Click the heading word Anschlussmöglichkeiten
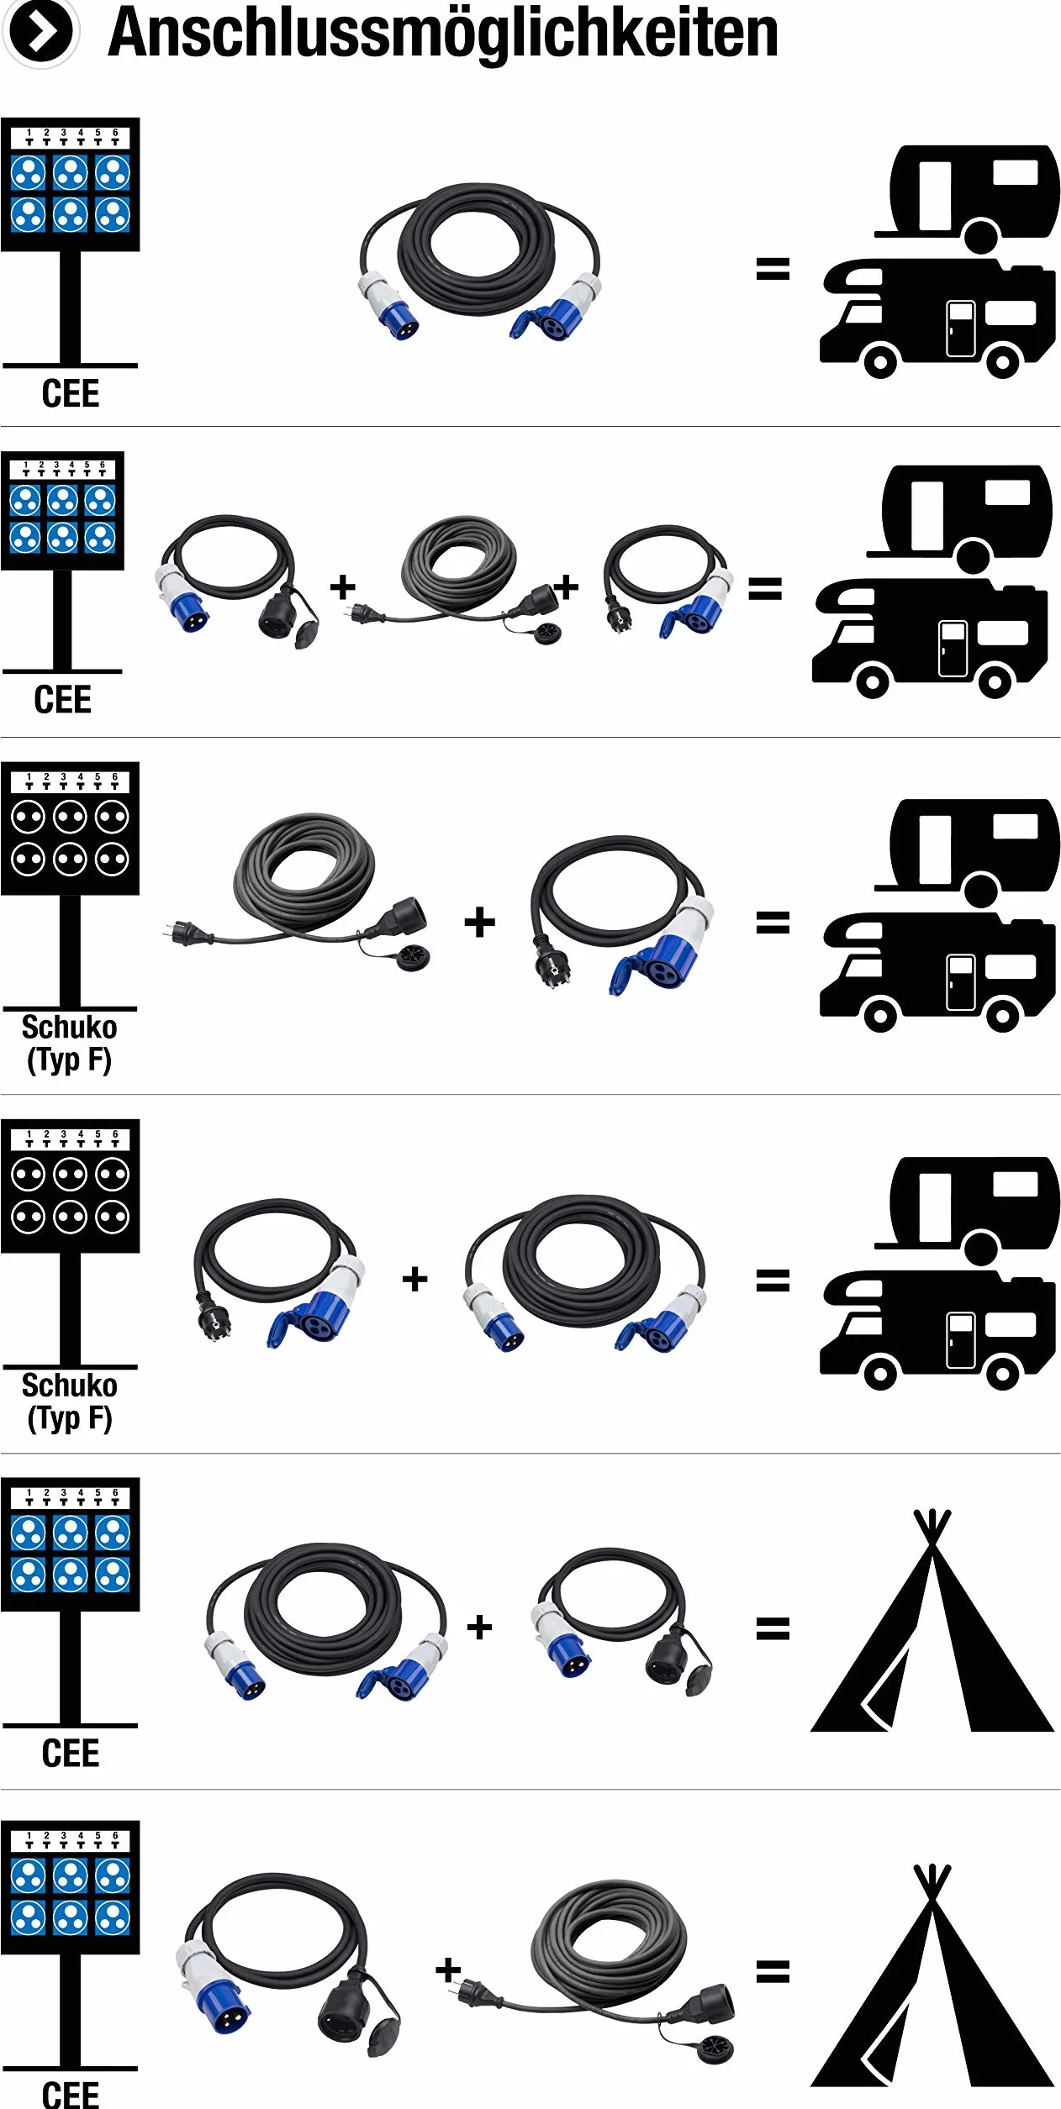pyautogui.click(x=443, y=34)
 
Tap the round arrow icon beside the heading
pyautogui.click(x=40, y=33)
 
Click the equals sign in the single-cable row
pyautogui.click(x=773, y=269)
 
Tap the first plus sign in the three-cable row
pyautogui.click(x=343, y=586)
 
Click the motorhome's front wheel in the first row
pyautogui.click(x=879, y=362)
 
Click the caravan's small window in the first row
pyautogui.click(x=1015, y=172)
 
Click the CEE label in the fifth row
pyautogui.click(x=71, y=1756)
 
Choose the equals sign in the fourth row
pyautogui.click(x=773, y=1281)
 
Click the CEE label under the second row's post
pyautogui.click(x=62, y=700)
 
